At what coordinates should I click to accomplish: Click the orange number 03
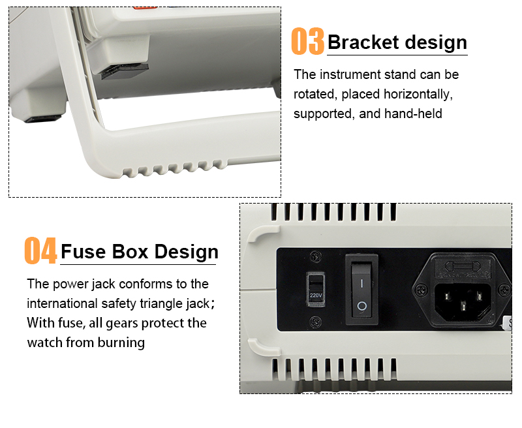click(307, 41)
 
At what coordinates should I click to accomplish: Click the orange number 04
click(40, 251)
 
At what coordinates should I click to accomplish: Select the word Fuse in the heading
click(84, 251)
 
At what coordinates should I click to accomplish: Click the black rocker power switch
click(362, 289)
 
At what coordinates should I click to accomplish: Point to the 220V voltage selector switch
click(315, 289)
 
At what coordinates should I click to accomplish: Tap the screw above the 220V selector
click(316, 256)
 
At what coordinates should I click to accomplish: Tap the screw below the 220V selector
click(316, 322)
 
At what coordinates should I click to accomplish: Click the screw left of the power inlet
click(422, 290)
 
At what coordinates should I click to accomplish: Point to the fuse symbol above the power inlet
click(463, 266)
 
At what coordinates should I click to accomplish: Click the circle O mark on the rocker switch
click(362, 306)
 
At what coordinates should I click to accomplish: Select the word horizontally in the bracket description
click(418, 94)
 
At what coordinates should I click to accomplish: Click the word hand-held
click(413, 114)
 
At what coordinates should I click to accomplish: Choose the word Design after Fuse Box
click(187, 252)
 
